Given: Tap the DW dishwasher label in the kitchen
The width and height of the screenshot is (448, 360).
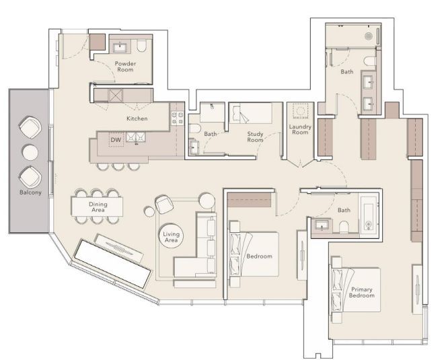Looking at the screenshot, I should (x=115, y=140).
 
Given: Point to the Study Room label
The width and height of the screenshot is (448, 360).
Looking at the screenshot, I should (x=255, y=137).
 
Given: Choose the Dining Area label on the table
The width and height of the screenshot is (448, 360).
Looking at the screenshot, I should (x=98, y=206).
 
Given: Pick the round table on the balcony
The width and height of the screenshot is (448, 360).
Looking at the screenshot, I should (x=28, y=151).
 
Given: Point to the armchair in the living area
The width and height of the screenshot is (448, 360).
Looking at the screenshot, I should (x=163, y=203).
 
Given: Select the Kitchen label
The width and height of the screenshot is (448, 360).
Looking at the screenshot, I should (x=137, y=118).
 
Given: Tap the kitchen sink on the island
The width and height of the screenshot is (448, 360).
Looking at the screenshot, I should (x=140, y=139).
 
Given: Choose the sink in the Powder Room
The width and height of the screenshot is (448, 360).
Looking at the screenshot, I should (x=122, y=47).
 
